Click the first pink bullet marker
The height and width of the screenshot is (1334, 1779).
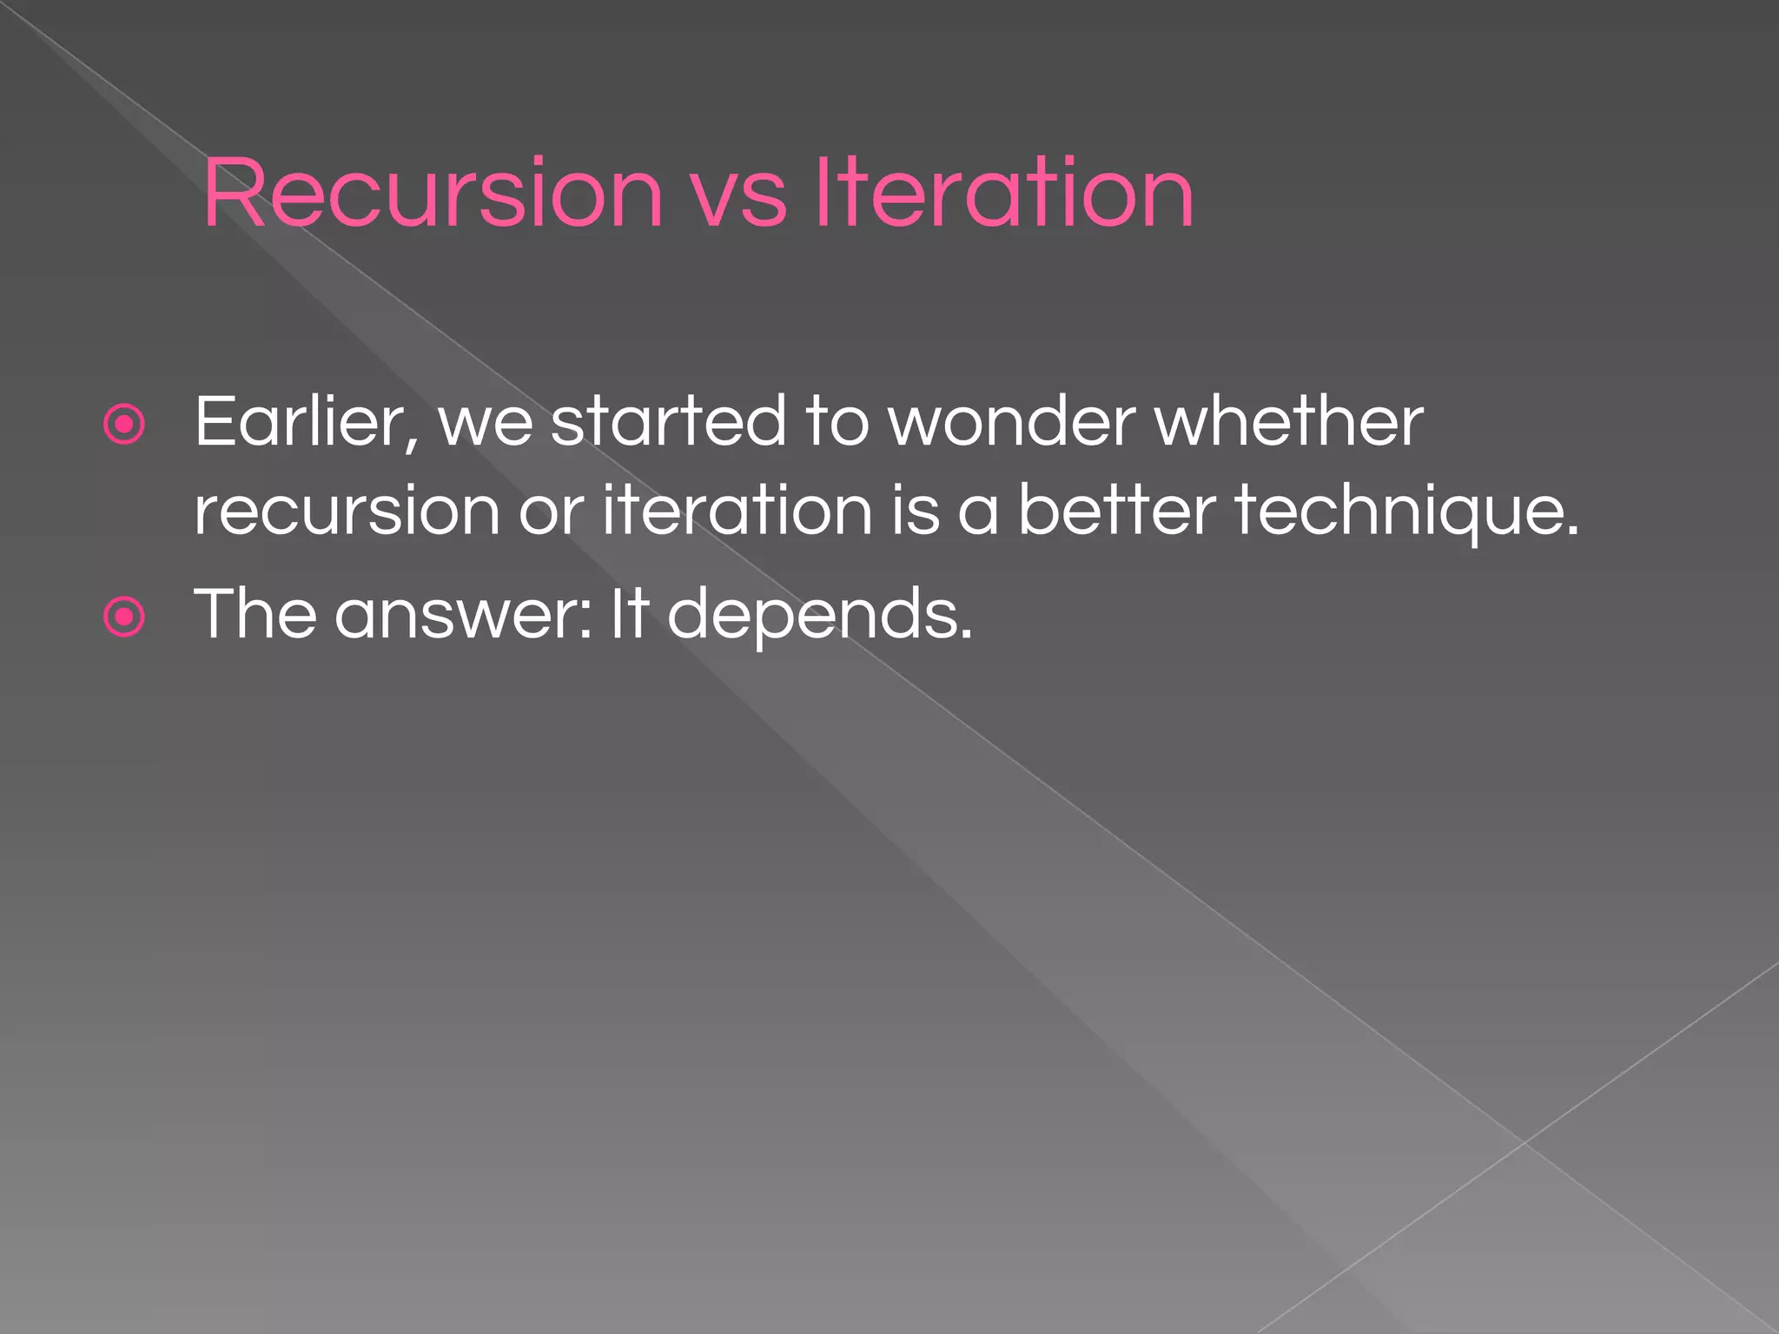(124, 425)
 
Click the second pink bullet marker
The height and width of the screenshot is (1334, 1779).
(124, 617)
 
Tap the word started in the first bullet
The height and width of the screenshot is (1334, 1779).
(668, 423)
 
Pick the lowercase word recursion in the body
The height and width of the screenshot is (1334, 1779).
(347, 512)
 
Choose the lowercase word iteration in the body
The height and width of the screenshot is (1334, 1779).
(737, 512)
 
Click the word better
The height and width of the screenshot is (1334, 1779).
(1115, 512)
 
